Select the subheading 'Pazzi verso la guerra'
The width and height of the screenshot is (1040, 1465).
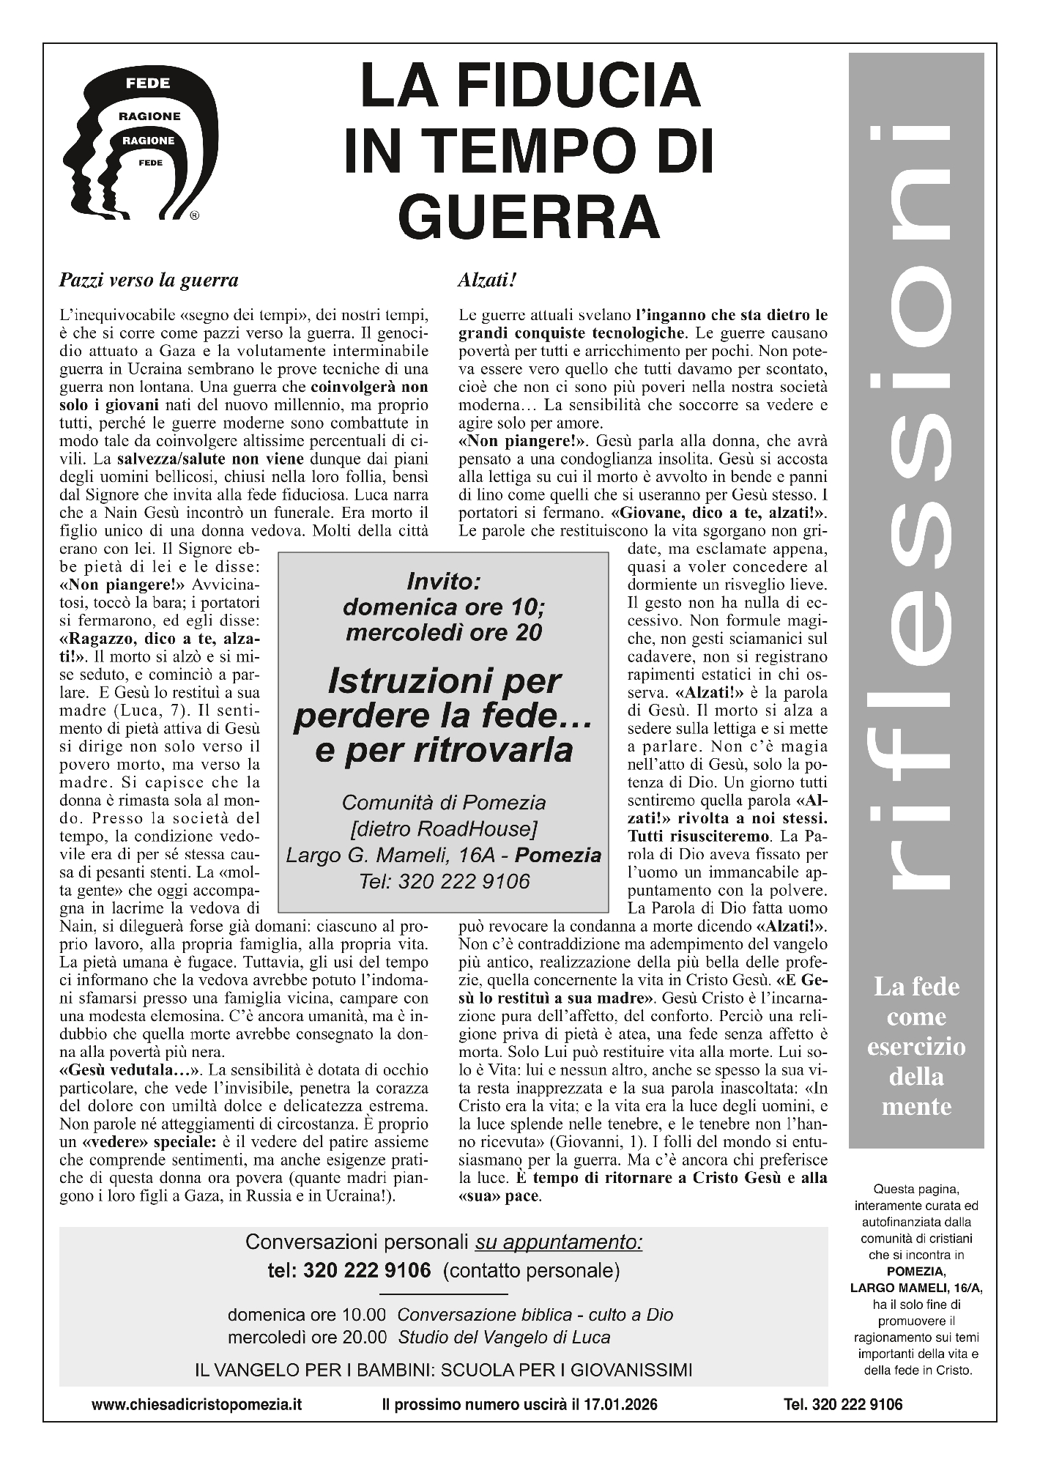click(149, 280)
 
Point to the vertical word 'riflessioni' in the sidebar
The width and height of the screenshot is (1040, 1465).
click(916, 505)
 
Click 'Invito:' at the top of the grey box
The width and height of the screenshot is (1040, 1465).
click(443, 582)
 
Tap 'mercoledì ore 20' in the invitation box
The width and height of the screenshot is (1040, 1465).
click(443, 632)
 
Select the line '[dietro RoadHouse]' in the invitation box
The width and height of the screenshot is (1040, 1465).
click(443, 828)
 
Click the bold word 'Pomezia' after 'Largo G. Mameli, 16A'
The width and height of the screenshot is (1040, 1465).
click(558, 855)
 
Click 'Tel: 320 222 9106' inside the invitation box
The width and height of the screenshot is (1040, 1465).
click(443, 881)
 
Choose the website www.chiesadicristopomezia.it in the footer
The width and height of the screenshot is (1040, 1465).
click(196, 1404)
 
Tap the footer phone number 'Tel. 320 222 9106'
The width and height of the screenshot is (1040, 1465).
click(843, 1404)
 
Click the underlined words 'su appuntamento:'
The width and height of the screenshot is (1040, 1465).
click(559, 1242)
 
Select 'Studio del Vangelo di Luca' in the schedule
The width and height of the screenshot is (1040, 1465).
click(504, 1337)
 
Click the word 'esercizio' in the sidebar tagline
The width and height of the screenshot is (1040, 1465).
click(916, 1047)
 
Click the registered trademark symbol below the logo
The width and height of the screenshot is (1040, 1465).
click(194, 216)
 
